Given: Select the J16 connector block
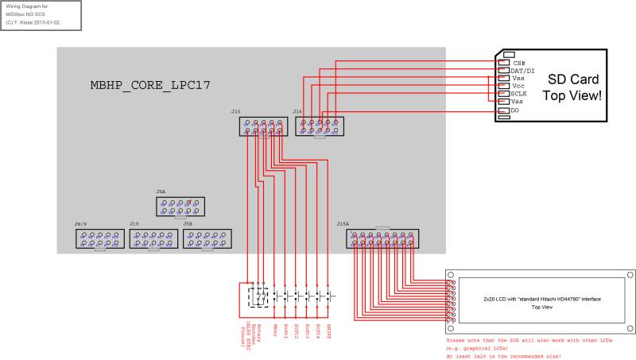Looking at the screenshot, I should click(320, 126).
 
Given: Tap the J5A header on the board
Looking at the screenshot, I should click(180, 207).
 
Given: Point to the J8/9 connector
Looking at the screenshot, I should click(99, 240).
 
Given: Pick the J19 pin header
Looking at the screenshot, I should click(153, 240).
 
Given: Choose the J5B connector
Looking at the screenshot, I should click(207, 240).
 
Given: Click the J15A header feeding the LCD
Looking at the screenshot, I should click(383, 239).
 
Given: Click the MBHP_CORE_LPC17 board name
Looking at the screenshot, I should click(150, 84).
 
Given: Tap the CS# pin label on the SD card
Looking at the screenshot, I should click(519, 63).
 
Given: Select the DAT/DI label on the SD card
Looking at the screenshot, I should click(522, 71).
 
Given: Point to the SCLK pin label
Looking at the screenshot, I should click(519, 94).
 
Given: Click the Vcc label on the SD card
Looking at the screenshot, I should click(518, 86).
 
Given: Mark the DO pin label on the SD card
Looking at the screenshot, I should click(515, 110).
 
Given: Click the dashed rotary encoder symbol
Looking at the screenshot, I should click(259, 295).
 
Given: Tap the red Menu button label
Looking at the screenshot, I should click(275, 329).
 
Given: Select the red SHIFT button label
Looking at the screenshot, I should click(328, 329).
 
